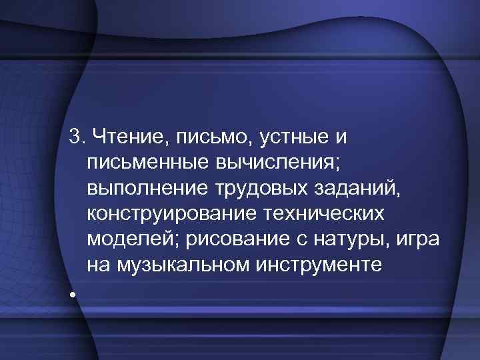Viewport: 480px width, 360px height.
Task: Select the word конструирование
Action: click(167, 214)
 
